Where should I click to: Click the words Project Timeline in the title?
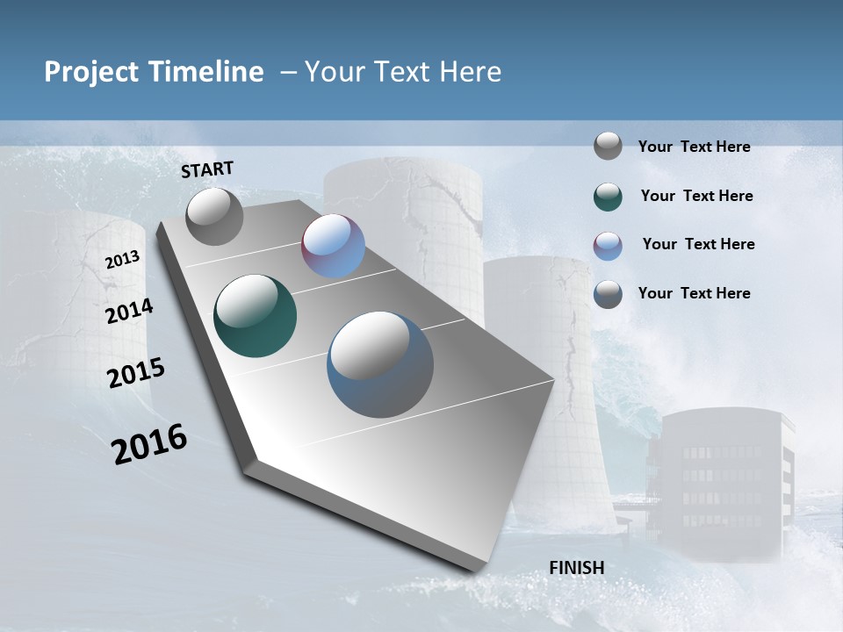154,72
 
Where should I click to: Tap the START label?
207,169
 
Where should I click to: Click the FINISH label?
576,568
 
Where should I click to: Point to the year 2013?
122,260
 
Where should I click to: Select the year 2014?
129,311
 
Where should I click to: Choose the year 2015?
135,372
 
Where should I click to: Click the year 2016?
149,443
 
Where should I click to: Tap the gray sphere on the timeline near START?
214,216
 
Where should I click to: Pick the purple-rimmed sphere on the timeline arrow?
333,246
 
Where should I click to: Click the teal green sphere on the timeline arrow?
255,316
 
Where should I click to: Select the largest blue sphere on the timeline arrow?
379,364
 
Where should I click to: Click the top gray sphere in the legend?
608,146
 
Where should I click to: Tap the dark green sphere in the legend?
608,196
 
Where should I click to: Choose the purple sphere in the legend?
608,245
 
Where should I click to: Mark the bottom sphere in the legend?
608,294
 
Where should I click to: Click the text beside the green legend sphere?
696,196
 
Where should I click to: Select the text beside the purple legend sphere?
698,244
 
